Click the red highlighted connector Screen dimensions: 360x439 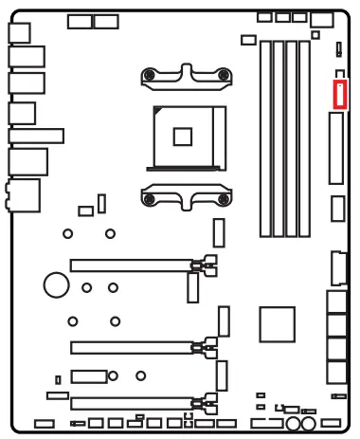(341, 94)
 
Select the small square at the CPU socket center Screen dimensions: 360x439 (184, 136)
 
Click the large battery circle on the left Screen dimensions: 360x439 (57, 283)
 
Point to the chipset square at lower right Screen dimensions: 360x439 (278, 322)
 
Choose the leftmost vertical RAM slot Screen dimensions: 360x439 (266, 138)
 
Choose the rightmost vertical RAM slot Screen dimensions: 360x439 (303, 138)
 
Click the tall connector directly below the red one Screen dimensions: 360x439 (336, 148)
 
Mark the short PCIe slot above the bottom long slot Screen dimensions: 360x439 (88, 376)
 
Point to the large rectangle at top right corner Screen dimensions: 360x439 (322, 18)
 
